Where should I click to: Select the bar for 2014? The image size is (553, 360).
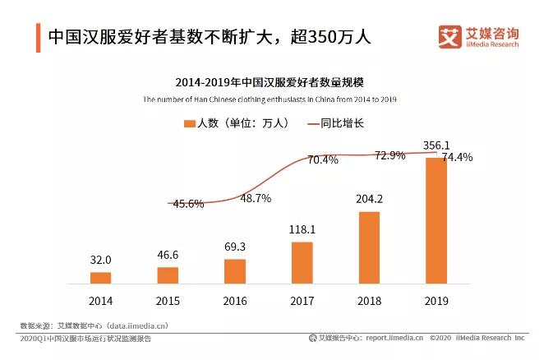click(x=100, y=277)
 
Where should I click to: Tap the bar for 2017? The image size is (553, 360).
click(x=302, y=262)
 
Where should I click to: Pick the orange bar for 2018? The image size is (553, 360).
click(x=370, y=247)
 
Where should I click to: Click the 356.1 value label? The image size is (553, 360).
click(x=436, y=145)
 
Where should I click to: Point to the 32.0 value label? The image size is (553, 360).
click(x=100, y=260)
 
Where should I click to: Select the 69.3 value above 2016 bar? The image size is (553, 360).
click(x=235, y=247)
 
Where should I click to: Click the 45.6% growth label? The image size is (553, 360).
click(x=188, y=204)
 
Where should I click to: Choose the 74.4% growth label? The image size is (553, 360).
click(x=457, y=157)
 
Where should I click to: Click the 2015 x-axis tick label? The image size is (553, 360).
click(x=168, y=302)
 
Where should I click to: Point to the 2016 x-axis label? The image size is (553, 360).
click(x=235, y=302)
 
